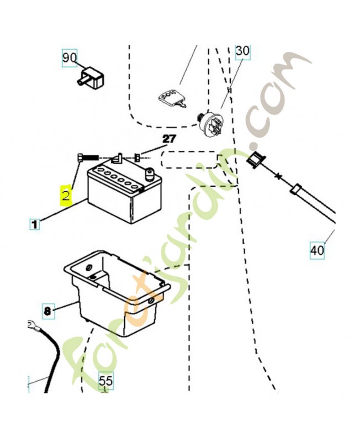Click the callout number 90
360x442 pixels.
point(70,58)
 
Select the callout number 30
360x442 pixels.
point(242,51)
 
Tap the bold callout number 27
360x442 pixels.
point(169,139)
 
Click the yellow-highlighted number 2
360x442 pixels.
point(66,195)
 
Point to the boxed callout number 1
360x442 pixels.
point(34,224)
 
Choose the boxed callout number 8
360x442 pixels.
point(47,311)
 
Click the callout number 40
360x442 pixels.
point(317,250)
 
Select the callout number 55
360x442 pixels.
point(106,381)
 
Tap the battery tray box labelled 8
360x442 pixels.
point(117,293)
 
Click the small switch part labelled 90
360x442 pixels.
point(91,77)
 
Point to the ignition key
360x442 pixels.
point(171,100)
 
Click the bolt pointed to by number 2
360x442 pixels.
point(88,157)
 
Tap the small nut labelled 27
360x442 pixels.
point(137,157)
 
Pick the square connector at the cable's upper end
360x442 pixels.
point(255,160)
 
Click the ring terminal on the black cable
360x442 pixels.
point(33,325)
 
